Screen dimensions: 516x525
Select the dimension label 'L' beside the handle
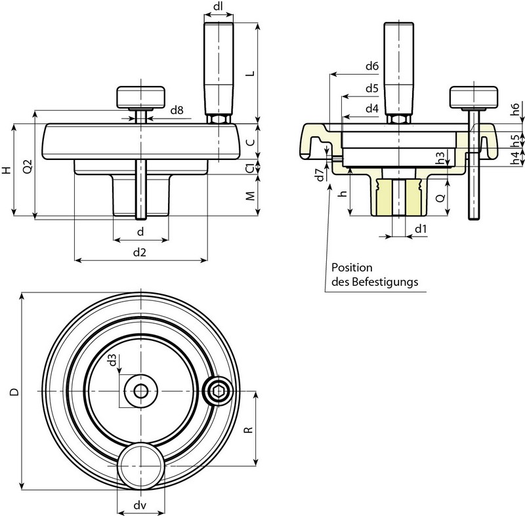click(x=249, y=73)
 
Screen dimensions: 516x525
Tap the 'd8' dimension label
click(x=177, y=110)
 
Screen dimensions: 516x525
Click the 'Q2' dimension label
click(x=26, y=169)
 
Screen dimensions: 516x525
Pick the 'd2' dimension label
click(x=139, y=252)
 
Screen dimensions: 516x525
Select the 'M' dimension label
click(x=249, y=197)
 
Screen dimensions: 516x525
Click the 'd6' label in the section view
click(x=371, y=66)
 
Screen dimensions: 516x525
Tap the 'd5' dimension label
click(x=371, y=87)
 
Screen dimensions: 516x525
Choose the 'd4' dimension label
click(x=371, y=108)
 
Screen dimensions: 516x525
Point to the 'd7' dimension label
click(x=320, y=175)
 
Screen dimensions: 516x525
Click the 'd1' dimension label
click(x=421, y=228)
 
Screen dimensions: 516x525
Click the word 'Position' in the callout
click(x=352, y=268)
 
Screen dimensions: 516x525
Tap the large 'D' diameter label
click(x=13, y=391)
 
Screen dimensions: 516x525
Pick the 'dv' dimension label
click(x=140, y=506)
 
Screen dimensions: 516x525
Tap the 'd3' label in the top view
click(x=112, y=360)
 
